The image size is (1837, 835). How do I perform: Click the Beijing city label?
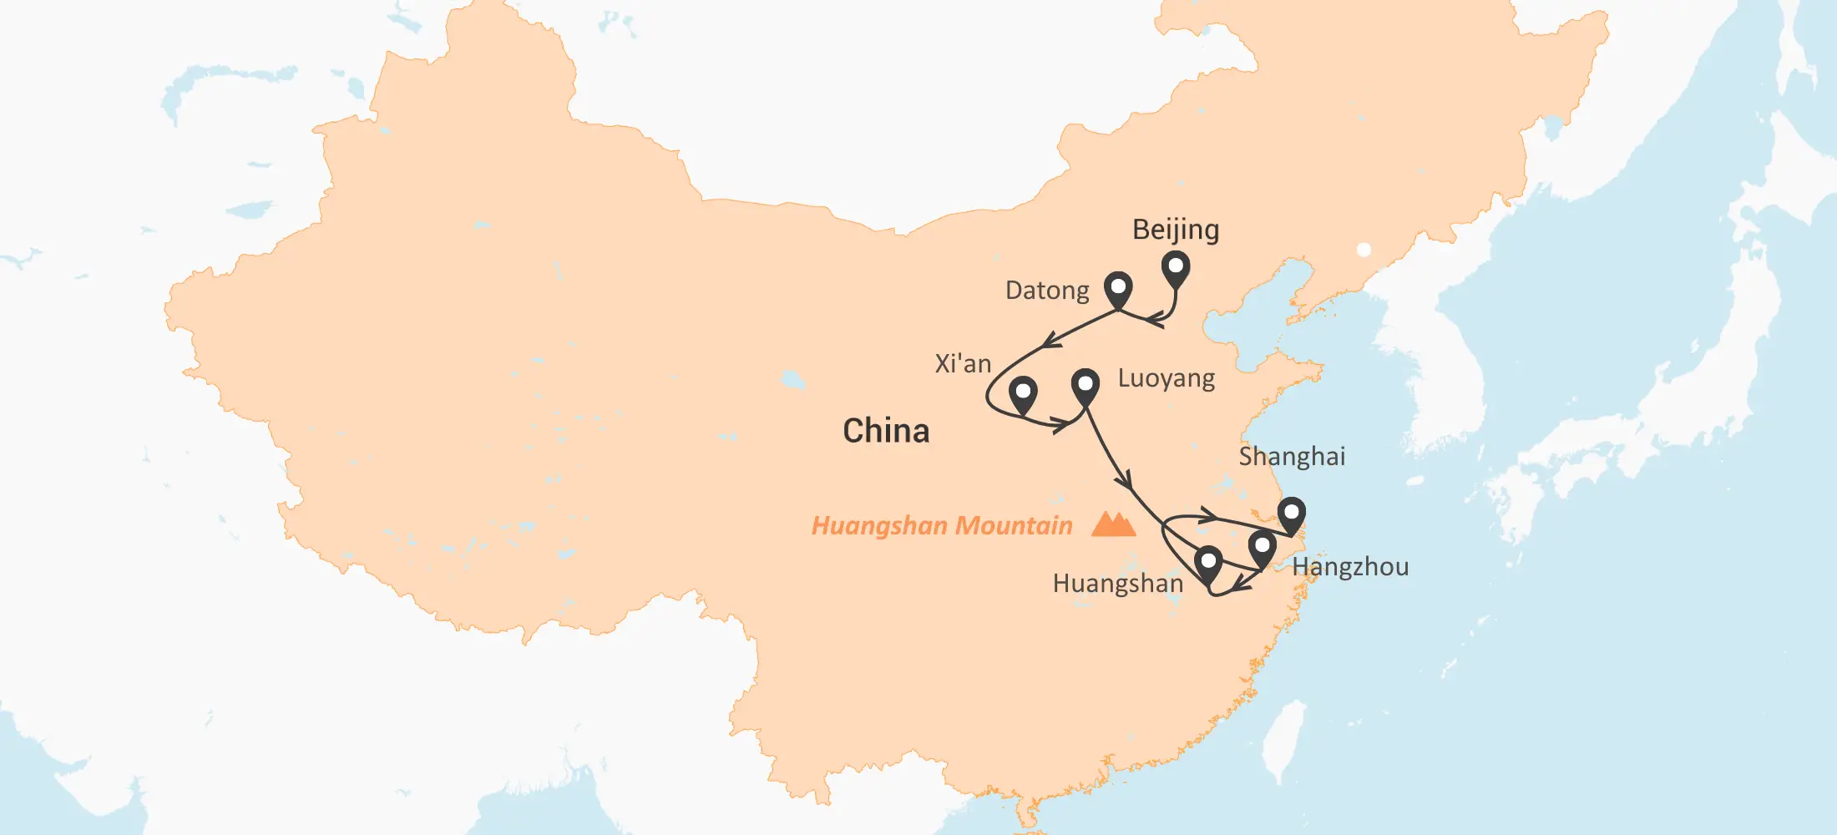point(1176,230)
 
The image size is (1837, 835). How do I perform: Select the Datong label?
point(1047,291)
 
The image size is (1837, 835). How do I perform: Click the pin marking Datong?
point(1117,289)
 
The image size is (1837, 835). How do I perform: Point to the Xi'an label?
point(963,364)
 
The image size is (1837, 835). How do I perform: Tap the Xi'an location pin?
point(1022,393)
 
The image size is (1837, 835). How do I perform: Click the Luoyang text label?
point(1166,378)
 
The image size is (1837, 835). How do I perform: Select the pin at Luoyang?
point(1085,386)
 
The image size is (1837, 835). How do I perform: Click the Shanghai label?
point(1292,457)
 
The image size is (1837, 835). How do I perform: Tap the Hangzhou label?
point(1350,567)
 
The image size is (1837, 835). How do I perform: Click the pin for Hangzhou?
point(1262,549)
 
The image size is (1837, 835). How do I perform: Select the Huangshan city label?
point(1118,583)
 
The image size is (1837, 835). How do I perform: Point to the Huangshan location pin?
point(1207,563)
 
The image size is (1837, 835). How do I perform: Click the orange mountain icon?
point(1113,524)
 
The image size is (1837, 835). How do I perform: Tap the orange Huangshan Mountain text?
point(942,525)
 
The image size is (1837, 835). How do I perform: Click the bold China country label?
point(886,431)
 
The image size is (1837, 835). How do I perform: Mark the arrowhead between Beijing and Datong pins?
point(1155,319)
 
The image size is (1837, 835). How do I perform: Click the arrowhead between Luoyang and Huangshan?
point(1125,481)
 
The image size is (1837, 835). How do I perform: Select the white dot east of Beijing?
point(1364,250)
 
